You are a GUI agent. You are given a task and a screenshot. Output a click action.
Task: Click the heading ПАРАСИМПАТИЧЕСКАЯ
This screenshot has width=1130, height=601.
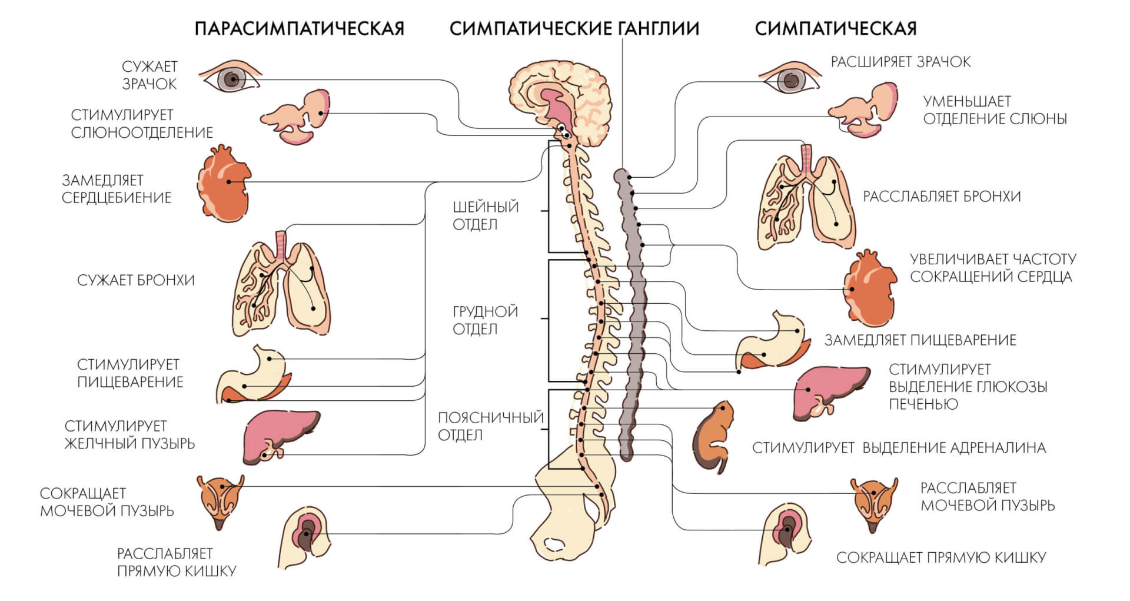tap(299, 28)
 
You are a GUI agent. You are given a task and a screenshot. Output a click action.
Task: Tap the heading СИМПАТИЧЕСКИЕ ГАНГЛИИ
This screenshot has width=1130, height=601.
tap(574, 28)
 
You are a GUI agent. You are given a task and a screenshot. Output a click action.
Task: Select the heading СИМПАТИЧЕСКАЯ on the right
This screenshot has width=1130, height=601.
tap(836, 28)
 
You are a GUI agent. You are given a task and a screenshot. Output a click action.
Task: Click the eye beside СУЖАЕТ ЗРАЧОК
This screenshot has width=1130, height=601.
tap(231, 77)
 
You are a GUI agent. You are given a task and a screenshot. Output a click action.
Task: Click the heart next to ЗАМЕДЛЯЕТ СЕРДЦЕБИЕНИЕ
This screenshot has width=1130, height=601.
tap(224, 184)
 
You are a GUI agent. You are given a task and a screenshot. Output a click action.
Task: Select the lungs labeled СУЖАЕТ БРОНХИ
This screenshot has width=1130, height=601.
tap(282, 283)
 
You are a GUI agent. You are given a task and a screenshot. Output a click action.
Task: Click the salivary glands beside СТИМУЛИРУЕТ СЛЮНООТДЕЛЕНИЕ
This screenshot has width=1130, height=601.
tap(295, 117)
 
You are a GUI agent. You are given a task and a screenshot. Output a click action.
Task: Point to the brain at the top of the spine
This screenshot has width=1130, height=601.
tap(562, 105)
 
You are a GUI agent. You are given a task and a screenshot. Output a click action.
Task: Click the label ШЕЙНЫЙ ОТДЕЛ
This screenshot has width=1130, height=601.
tap(486, 215)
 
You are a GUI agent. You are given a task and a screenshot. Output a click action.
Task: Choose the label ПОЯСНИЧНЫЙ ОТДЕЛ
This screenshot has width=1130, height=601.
tap(490, 426)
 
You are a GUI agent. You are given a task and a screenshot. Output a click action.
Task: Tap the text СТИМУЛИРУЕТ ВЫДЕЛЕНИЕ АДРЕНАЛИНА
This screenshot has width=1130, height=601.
tap(899, 448)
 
